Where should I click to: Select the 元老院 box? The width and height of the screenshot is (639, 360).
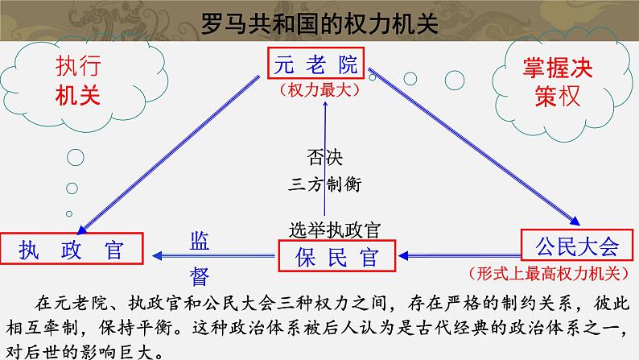pyautogui.click(x=315, y=65)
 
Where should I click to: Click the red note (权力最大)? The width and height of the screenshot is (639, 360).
pyautogui.click(x=315, y=91)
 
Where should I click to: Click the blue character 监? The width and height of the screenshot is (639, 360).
pyautogui.click(x=200, y=240)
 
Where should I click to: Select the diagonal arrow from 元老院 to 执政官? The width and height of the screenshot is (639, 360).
pyautogui.click(x=173, y=154)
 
